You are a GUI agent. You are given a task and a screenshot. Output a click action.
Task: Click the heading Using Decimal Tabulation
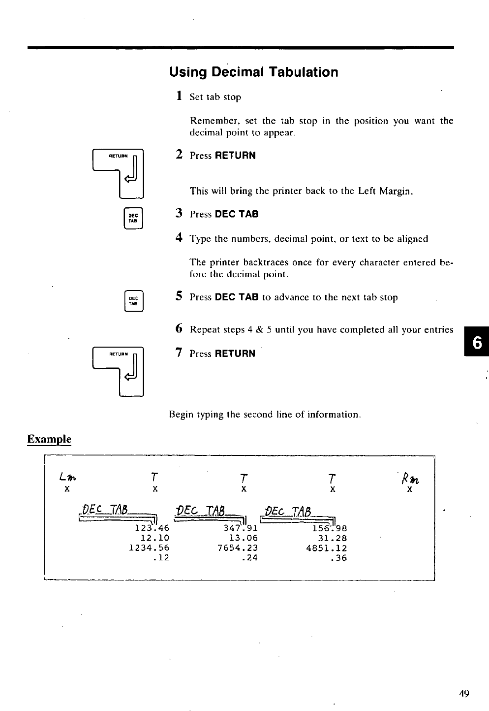click(254, 72)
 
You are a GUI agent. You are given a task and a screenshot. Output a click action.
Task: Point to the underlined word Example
click(49, 439)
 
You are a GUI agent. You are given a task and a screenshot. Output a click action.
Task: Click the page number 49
click(464, 694)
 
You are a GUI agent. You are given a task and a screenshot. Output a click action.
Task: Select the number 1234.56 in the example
click(149, 548)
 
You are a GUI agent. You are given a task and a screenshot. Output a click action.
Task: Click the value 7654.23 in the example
click(237, 548)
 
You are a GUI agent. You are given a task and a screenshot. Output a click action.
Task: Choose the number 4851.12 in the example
click(326, 548)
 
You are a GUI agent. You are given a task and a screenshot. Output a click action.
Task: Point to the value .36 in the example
click(339, 558)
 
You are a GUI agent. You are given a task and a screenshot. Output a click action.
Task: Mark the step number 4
click(180, 238)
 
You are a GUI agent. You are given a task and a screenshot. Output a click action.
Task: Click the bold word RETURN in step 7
click(235, 354)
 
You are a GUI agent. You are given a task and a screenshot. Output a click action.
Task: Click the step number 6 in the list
click(180, 329)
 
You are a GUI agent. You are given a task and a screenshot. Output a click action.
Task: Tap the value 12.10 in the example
click(154, 538)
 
